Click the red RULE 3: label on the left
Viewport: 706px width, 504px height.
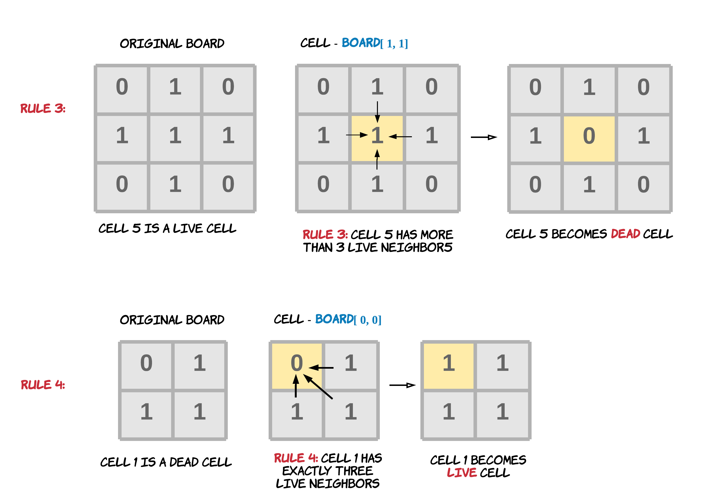click(43, 109)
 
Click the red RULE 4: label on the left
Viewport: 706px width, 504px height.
click(43, 385)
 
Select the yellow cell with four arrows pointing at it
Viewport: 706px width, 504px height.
click(377, 138)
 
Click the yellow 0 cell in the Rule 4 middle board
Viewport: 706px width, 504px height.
click(296, 366)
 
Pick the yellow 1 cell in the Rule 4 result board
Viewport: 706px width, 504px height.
click(448, 366)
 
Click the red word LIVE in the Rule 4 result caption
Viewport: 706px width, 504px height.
click(461, 473)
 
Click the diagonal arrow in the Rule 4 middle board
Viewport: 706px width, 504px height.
click(318, 386)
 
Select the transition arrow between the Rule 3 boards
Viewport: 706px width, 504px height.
click(484, 137)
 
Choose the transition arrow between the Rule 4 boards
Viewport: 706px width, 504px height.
click(402, 385)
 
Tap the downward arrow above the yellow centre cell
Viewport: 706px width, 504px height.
click(377, 112)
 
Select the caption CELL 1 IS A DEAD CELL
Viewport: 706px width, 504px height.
click(166, 462)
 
